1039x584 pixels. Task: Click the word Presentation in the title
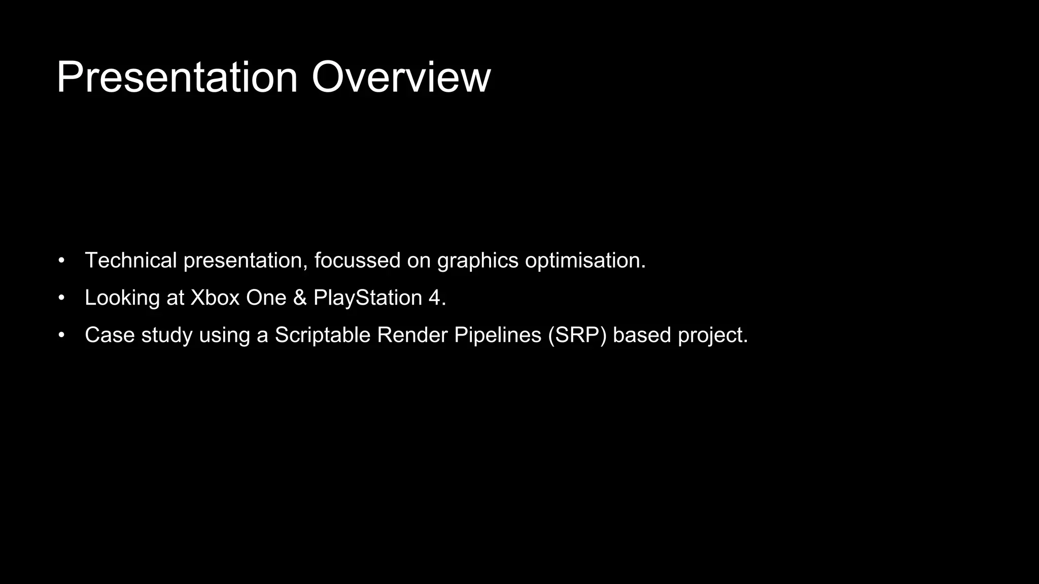pyautogui.click(x=177, y=78)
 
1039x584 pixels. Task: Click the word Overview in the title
pyautogui.click(x=401, y=78)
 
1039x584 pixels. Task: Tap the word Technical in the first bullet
pyautogui.click(x=130, y=261)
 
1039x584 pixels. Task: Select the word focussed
pyautogui.click(x=357, y=261)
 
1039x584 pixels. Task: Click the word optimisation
pyautogui.click(x=584, y=261)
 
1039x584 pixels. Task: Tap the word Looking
pyautogui.click(x=122, y=298)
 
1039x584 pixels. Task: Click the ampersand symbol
pyautogui.click(x=300, y=298)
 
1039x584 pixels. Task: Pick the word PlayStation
pyautogui.click(x=368, y=298)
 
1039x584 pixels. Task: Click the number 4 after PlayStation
pyautogui.click(x=434, y=298)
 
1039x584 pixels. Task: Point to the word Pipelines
pyautogui.click(x=497, y=335)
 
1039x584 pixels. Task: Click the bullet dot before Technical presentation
pyautogui.click(x=61, y=261)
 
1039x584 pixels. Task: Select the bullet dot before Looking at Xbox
pyautogui.click(x=61, y=298)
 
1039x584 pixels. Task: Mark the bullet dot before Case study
pyautogui.click(x=61, y=336)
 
